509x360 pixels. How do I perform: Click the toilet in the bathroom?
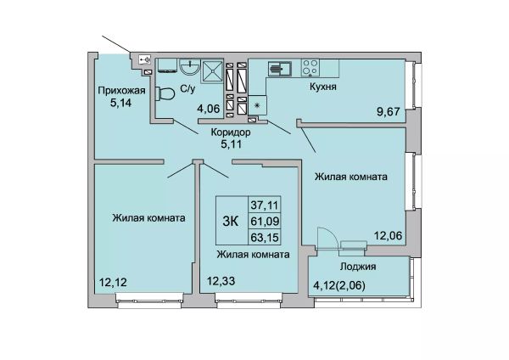165,94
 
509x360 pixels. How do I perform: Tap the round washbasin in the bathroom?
190,68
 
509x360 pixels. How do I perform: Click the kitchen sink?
279,69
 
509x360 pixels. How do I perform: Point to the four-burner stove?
310,68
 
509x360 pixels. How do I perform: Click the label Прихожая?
121,90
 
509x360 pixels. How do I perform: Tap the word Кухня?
323,87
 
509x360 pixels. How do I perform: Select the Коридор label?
231,132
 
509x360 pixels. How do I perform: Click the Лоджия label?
358,267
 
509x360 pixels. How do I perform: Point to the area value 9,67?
388,112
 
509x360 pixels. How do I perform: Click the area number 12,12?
113,283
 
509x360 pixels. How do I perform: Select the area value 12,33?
221,280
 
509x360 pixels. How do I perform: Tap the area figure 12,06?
389,235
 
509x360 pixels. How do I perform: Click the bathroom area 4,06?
209,108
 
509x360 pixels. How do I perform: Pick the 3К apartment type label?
231,222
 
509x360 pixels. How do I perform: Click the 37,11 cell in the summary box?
264,205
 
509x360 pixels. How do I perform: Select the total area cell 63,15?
265,237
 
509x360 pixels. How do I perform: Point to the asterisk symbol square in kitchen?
258,105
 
